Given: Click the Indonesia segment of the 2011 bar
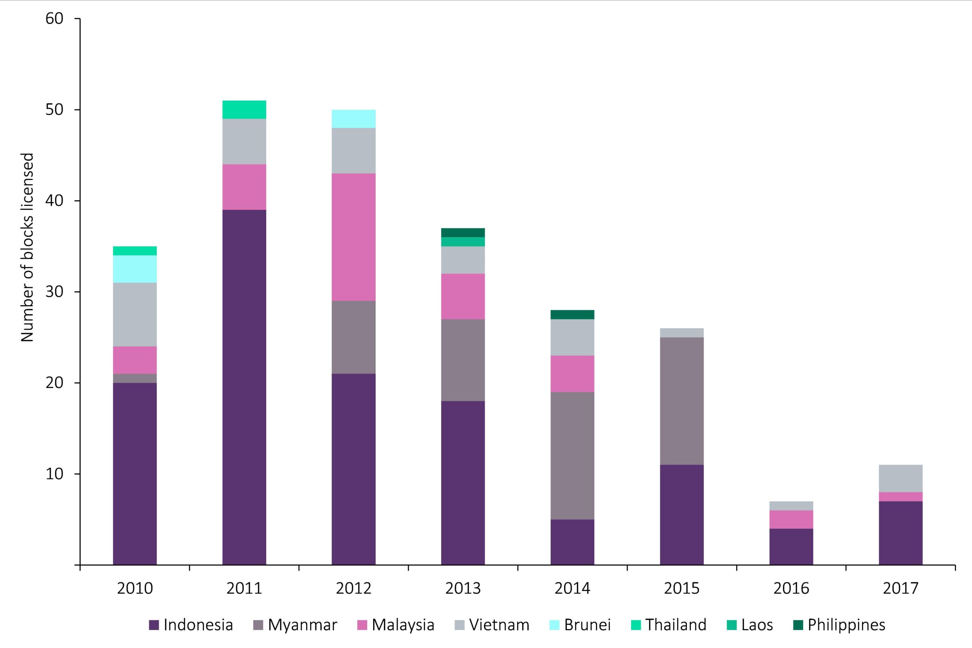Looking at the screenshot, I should coord(244,387).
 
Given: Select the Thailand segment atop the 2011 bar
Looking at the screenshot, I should coord(244,109).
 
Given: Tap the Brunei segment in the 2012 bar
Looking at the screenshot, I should coord(353,118).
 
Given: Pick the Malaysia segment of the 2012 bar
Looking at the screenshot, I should coord(353,237).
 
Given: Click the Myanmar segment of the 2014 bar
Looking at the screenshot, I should coord(572,456).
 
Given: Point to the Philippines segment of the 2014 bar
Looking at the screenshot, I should coord(572,314).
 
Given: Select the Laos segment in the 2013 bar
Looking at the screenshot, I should coord(463,242).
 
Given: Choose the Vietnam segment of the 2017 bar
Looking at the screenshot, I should coord(900,478).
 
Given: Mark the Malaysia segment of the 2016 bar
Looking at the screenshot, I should coord(791,519).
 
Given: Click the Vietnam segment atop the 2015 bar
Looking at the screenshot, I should coord(682,333).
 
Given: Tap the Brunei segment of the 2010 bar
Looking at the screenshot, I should coord(135,269).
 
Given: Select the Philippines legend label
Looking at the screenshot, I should coord(846,625).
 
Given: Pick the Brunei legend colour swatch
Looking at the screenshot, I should coord(554,625).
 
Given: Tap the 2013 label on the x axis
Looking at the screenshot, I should coord(463,588).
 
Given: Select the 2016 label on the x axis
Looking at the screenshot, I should coord(791,588).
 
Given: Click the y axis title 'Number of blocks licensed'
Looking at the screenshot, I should coord(27,247).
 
